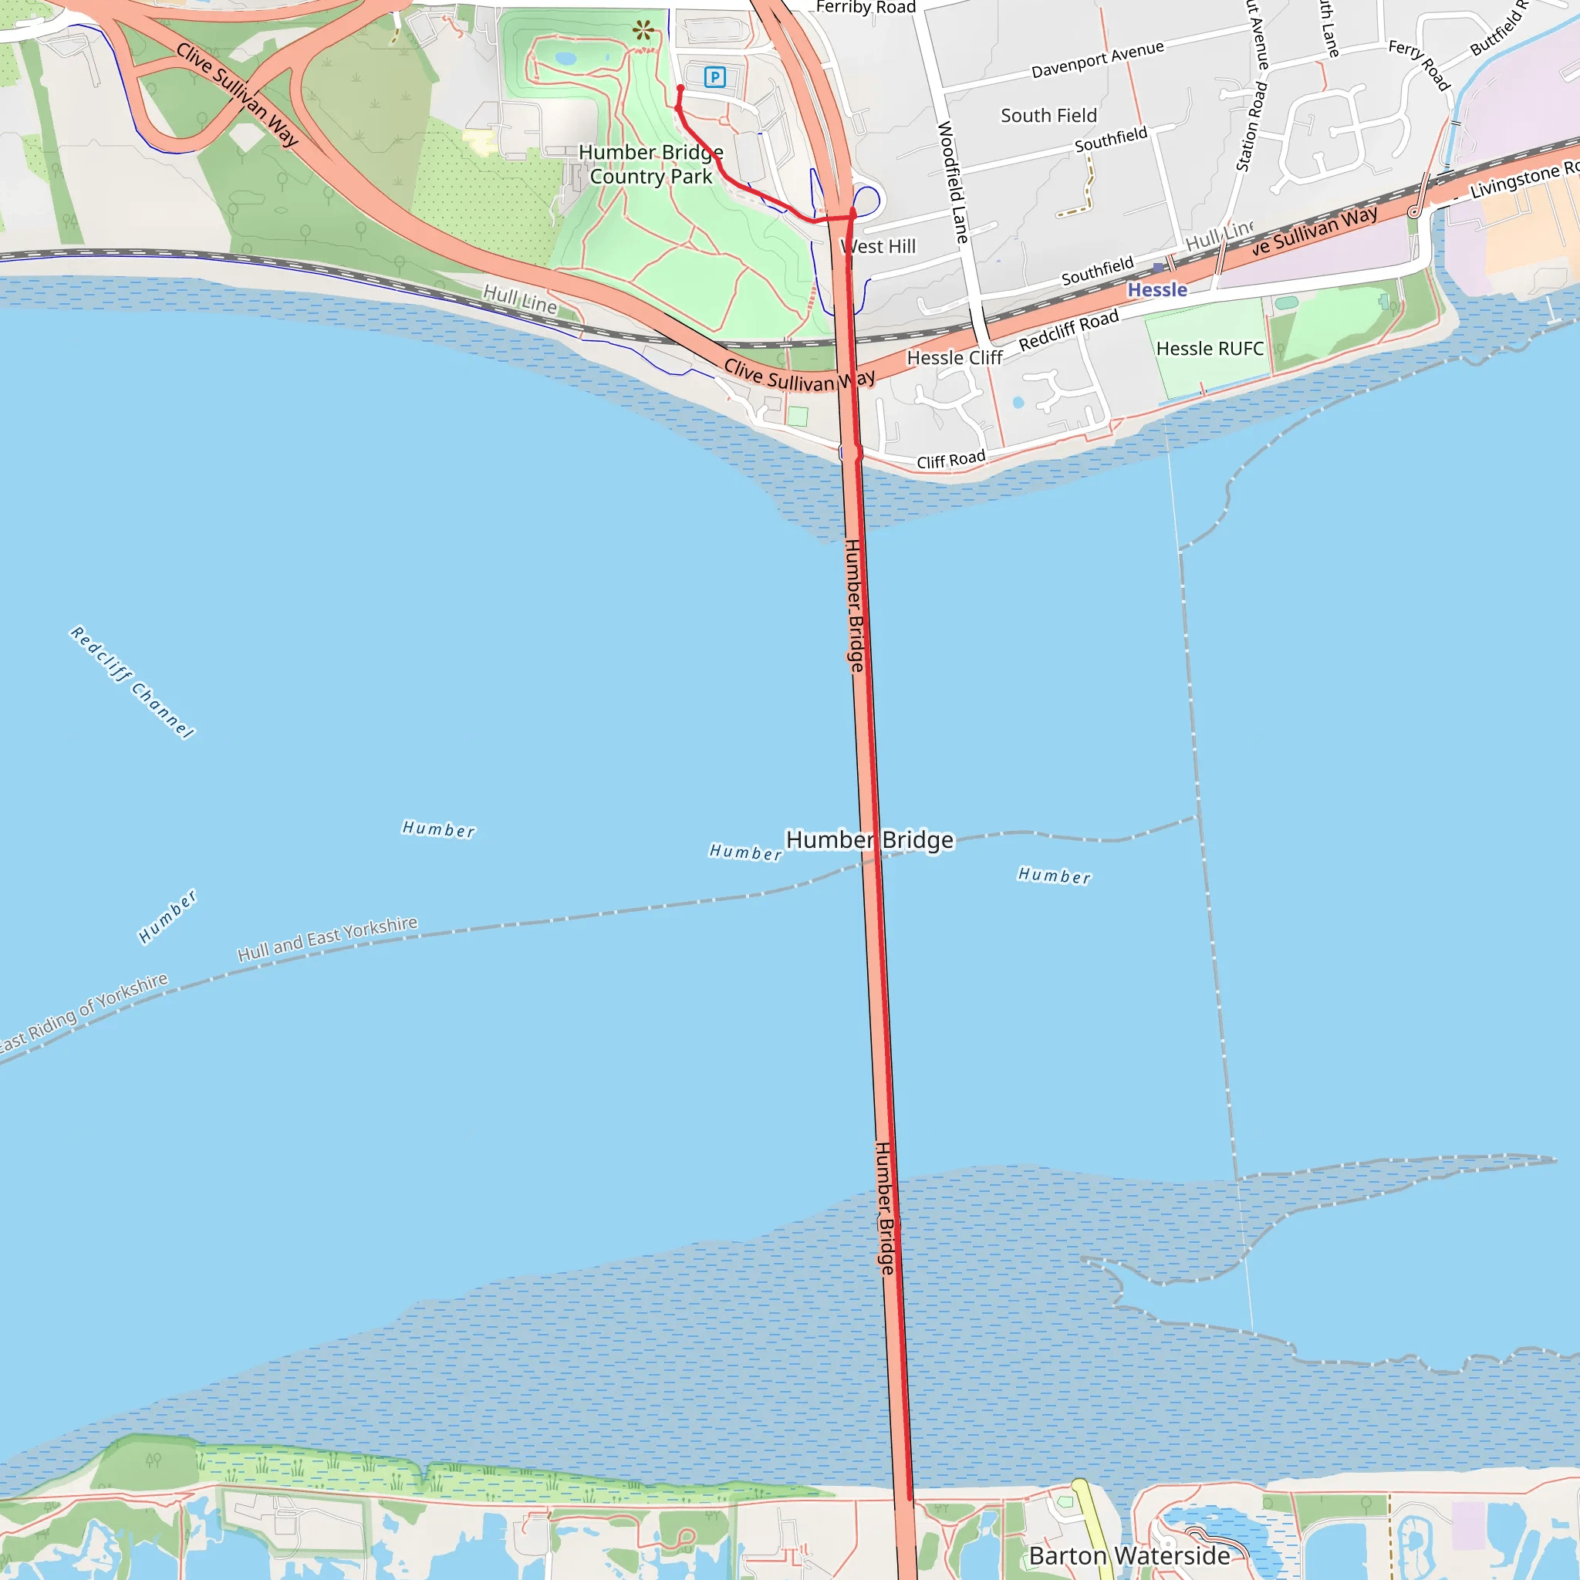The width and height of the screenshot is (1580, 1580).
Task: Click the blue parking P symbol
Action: pos(714,78)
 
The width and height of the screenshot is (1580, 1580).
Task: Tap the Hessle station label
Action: pos(1156,289)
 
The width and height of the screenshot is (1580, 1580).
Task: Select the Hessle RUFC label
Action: pos(1210,349)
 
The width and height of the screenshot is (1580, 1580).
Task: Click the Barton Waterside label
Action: pos(1129,1555)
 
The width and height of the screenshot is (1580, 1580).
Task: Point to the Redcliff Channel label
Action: pos(133,682)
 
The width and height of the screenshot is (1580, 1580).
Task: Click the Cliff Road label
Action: pos(950,461)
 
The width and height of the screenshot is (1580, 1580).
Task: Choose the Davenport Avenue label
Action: pos(1097,59)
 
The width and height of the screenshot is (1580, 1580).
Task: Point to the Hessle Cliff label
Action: pos(954,358)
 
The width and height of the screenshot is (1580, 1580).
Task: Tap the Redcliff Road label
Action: pos(1068,330)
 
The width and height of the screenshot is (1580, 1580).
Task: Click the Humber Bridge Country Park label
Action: pos(651,164)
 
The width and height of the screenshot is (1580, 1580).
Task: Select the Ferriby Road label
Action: pos(866,8)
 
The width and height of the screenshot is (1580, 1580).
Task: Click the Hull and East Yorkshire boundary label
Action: pos(327,938)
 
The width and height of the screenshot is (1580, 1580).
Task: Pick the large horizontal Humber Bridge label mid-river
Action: pos(869,840)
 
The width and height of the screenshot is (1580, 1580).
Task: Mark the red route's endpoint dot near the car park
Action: pos(680,88)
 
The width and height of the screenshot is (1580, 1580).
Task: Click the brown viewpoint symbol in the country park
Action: pos(643,31)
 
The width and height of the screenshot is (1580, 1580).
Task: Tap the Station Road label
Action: pos(1251,127)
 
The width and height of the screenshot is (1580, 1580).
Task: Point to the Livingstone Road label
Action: pos(1524,180)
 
